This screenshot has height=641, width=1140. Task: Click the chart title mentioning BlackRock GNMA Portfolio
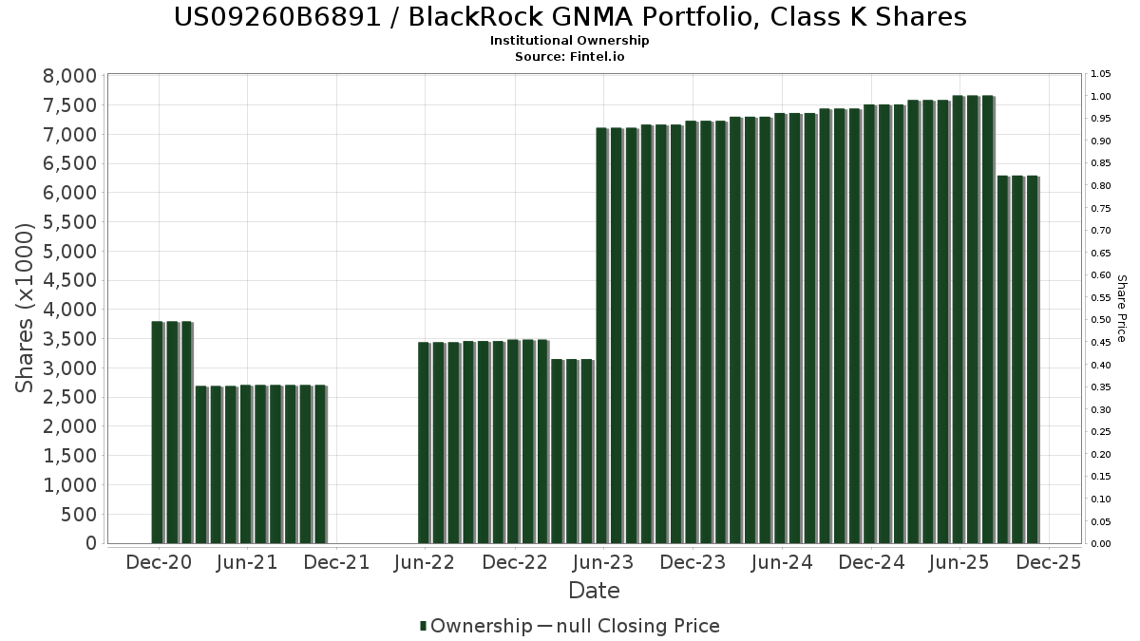click(x=570, y=17)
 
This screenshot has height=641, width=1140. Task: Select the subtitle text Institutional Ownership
click(x=570, y=41)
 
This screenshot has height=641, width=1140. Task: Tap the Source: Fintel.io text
click(x=570, y=56)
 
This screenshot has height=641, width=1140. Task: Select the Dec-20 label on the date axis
click(x=159, y=562)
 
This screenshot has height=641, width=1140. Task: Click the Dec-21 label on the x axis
click(x=337, y=562)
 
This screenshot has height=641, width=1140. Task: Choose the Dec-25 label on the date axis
click(x=1049, y=562)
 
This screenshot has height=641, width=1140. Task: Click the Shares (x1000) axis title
click(x=26, y=308)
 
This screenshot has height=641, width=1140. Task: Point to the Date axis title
click(x=594, y=591)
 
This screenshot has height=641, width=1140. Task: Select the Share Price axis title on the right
click(x=1122, y=308)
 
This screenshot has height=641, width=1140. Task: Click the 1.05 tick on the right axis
click(x=1100, y=74)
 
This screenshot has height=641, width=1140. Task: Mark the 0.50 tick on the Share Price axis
click(x=1100, y=320)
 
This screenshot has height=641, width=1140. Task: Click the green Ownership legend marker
click(x=423, y=626)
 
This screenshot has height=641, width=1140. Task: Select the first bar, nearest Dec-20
click(x=157, y=432)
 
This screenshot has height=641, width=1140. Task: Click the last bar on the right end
click(x=1032, y=360)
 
